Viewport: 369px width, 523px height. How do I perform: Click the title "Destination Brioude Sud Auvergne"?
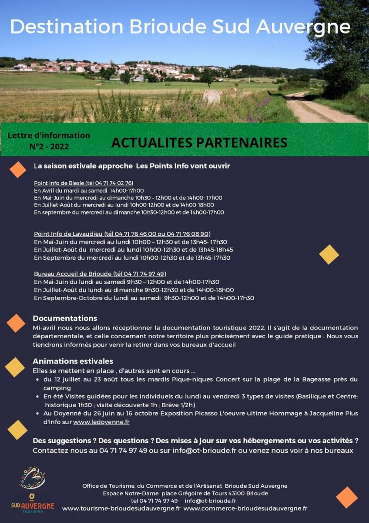tap(180, 27)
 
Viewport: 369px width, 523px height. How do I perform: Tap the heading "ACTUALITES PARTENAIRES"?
tap(199, 143)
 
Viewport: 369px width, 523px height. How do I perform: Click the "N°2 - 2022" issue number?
tap(49, 147)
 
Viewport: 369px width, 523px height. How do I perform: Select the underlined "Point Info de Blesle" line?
tap(84, 183)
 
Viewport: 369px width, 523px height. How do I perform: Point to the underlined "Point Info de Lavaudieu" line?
tap(122, 234)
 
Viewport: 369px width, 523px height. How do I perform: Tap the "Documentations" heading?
tap(65, 318)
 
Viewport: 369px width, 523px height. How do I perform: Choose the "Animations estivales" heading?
tap(73, 361)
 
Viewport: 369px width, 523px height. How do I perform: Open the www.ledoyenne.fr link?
tap(101, 422)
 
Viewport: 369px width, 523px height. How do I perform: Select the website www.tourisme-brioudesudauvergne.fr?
tap(121, 508)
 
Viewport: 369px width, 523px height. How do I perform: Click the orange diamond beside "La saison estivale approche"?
tap(18, 169)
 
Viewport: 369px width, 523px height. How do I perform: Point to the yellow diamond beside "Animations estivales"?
tap(15, 367)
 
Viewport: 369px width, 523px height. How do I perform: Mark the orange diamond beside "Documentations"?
tap(16, 323)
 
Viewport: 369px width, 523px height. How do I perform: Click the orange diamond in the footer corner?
tap(347, 497)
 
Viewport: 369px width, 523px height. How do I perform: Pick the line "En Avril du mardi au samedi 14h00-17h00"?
tap(89, 190)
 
